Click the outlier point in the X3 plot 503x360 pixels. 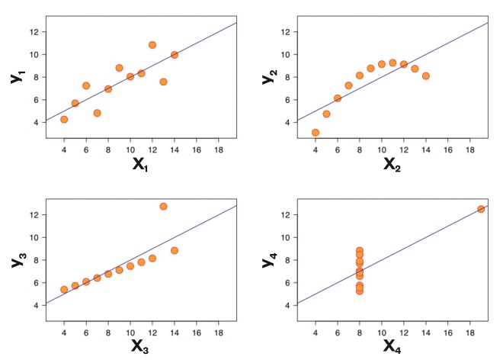coord(163,206)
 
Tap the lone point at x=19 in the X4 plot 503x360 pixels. coord(481,209)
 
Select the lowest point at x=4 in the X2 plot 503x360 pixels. coord(316,132)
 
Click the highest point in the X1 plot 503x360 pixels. coord(152,45)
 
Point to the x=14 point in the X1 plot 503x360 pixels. coord(175,55)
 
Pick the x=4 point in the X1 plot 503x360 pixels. coord(64,119)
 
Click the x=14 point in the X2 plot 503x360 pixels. coord(426,76)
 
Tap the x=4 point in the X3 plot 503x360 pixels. coord(64,290)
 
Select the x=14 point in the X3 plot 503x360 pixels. coord(175,250)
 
